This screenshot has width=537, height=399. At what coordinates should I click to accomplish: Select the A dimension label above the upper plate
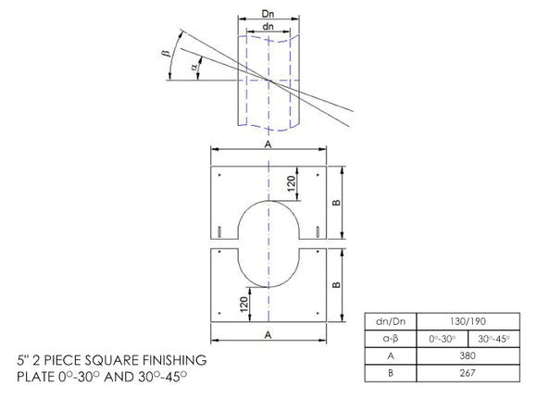click(x=267, y=144)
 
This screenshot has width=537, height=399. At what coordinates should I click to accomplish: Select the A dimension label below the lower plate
click(x=267, y=331)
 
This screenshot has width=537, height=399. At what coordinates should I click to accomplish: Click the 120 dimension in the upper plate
click(x=291, y=184)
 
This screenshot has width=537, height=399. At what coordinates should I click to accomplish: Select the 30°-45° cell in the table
click(x=495, y=338)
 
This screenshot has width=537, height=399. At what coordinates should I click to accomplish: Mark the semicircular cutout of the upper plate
click(x=267, y=222)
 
